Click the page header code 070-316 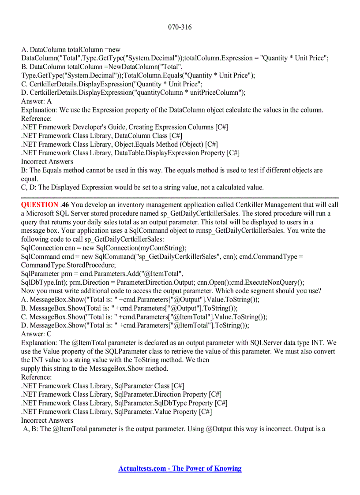180,27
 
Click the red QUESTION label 39,205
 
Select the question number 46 65,205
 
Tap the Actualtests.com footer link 180,469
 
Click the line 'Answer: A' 36,101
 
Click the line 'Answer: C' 36,334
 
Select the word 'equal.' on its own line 30,179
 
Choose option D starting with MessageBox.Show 135,325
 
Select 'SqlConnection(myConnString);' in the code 141,248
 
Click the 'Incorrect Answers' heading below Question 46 47,421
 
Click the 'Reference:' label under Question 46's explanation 36,377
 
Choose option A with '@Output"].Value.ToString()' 140,299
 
